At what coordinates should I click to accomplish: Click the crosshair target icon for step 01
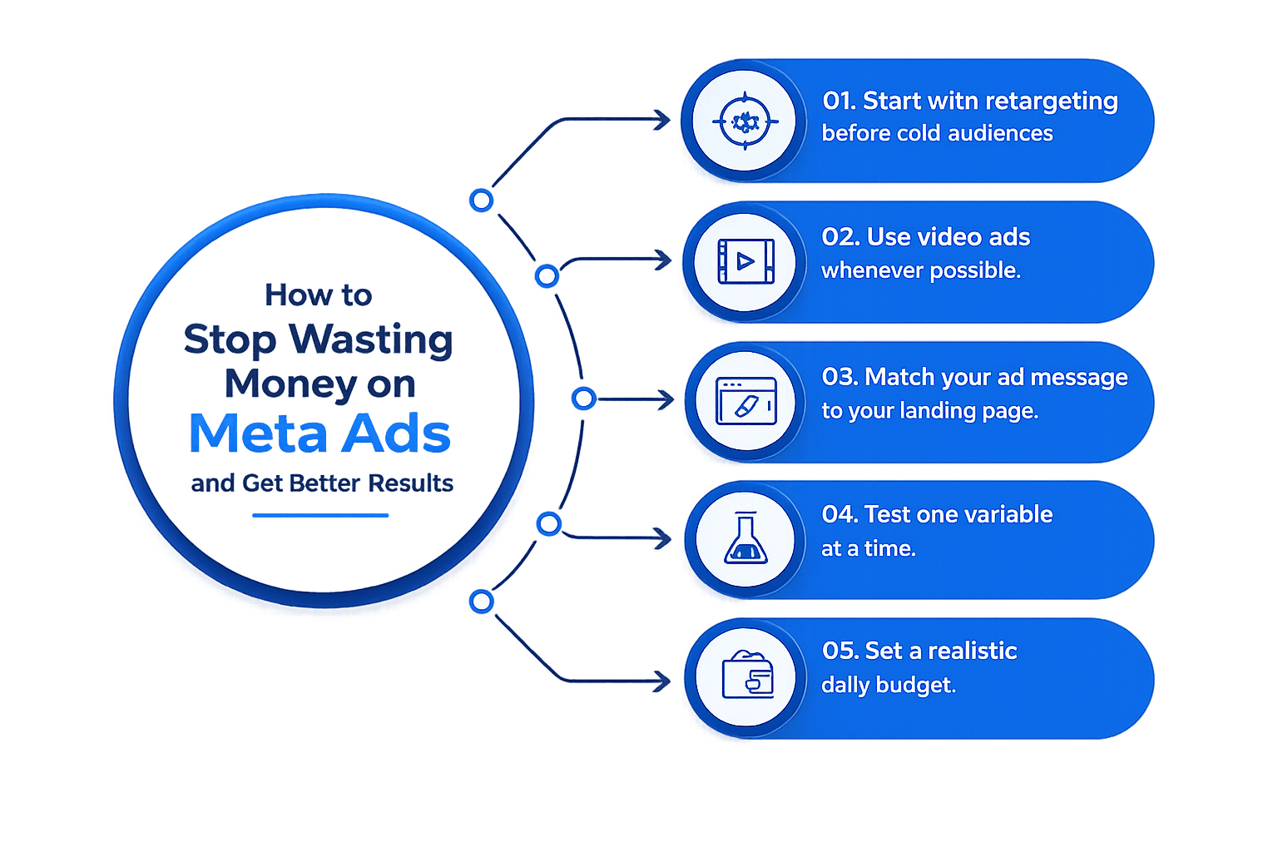click(x=745, y=121)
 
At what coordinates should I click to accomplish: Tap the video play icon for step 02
click(x=745, y=261)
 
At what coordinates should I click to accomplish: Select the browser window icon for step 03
click(x=746, y=400)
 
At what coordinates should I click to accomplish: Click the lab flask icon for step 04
click(x=745, y=537)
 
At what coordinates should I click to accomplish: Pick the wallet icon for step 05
click(x=747, y=675)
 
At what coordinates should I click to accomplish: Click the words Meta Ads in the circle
click(x=319, y=433)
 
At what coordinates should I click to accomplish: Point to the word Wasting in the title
click(x=371, y=339)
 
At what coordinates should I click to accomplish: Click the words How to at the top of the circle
click(x=319, y=295)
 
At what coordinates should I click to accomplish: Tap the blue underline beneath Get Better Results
click(x=320, y=515)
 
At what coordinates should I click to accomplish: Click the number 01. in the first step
click(x=840, y=101)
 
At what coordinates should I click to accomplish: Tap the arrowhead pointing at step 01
click(x=661, y=120)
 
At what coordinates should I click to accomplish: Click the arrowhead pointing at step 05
click(x=661, y=681)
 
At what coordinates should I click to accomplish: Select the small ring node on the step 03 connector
click(x=583, y=399)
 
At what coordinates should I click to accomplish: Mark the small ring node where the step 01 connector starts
click(x=481, y=201)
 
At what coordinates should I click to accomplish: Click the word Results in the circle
click(x=411, y=483)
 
